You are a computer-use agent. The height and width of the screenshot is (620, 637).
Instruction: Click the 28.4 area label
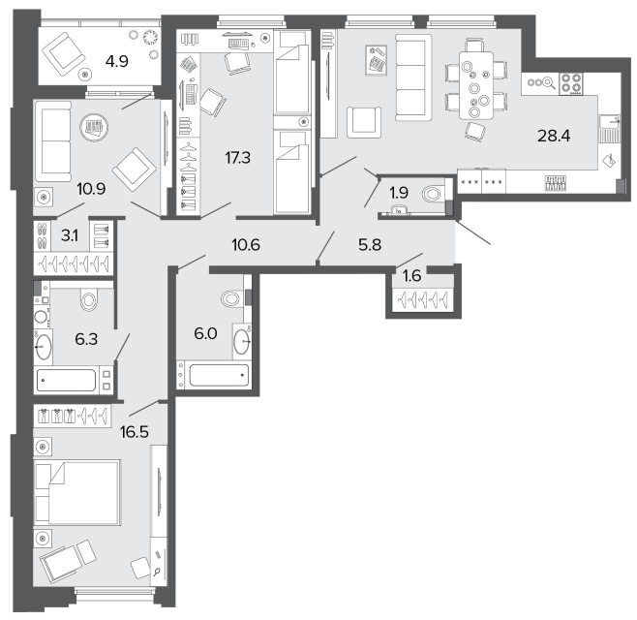(554, 136)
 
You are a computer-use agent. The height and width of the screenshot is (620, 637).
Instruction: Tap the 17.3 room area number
(237, 157)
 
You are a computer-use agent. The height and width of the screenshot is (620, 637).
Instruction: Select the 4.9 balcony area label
(116, 61)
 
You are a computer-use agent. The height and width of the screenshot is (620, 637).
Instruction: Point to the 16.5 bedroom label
(135, 432)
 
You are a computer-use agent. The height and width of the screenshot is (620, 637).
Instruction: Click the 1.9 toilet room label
(399, 193)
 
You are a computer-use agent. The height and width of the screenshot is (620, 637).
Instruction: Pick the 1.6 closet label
(412, 276)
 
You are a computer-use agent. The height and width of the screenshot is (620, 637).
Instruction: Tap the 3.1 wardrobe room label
(70, 235)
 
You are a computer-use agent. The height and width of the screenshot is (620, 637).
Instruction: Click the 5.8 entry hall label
(370, 245)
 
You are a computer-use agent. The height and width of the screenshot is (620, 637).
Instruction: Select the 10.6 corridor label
(246, 245)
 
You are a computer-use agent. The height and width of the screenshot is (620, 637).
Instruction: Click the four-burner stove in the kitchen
(571, 83)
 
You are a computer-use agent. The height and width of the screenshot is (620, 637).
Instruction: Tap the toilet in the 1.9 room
(432, 194)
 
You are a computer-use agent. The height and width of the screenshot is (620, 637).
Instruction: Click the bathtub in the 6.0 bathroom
(219, 375)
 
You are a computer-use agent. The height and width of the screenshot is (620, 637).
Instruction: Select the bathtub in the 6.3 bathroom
(67, 380)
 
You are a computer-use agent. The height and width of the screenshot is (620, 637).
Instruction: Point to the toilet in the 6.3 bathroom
(89, 300)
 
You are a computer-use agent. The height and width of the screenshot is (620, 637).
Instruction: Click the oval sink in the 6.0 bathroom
(242, 342)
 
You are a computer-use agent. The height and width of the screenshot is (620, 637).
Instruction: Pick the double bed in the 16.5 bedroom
(77, 492)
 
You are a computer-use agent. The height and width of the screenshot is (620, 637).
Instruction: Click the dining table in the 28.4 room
(476, 85)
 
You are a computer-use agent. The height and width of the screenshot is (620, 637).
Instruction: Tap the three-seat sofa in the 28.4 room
(413, 77)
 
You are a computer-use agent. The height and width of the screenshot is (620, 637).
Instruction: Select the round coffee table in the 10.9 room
(95, 127)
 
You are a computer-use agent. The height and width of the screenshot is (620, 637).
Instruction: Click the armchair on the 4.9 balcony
(63, 53)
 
